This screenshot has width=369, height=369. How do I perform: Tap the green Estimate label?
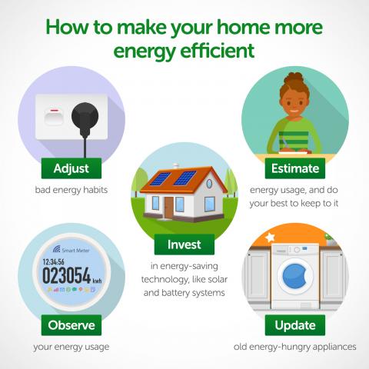click(291, 168)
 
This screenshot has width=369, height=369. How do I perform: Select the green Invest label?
click(184, 244)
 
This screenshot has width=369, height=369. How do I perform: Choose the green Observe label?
click(70, 324)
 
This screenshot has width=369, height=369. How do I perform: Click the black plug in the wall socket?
click(85, 119)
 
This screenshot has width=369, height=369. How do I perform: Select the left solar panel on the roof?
click(159, 179)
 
